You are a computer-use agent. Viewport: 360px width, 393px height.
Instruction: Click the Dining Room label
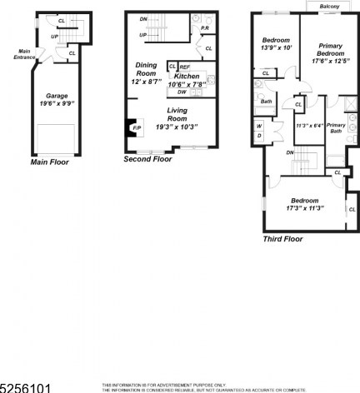click(x=147, y=69)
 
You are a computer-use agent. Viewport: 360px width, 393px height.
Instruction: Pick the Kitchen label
click(x=187, y=77)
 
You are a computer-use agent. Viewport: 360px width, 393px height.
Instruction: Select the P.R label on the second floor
click(x=204, y=31)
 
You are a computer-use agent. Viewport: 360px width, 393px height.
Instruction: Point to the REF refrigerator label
click(x=184, y=67)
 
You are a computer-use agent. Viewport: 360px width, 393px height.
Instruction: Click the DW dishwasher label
click(x=181, y=92)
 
